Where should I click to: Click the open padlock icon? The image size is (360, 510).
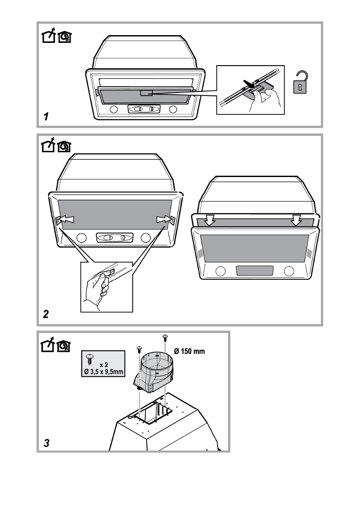[300, 82]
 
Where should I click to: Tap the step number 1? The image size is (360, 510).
[46, 116]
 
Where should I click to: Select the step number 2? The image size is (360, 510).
[46, 314]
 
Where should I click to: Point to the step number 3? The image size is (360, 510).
[47, 443]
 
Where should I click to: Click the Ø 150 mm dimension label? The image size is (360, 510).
[189, 351]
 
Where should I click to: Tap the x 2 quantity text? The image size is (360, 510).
[104, 365]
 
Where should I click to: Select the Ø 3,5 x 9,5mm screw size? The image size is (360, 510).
[103, 372]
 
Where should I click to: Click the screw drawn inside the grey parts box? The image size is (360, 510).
[90, 360]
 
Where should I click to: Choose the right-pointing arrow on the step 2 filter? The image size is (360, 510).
[164, 219]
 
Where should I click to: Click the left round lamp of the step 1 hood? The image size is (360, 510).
[114, 109]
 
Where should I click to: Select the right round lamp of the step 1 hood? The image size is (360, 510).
[173, 109]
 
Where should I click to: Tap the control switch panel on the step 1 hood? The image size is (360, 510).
[144, 109]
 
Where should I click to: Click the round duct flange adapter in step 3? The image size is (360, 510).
[155, 370]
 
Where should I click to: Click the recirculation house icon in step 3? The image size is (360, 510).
[64, 346]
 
